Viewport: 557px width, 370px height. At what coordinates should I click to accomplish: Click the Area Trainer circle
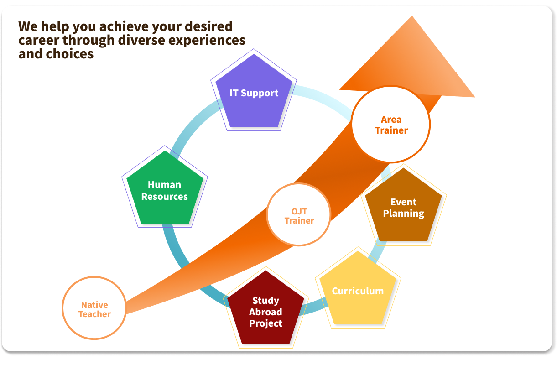click(391, 125)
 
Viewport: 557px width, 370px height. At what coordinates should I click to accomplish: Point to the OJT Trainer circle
click(299, 215)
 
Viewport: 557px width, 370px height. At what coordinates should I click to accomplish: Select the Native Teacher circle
click(94, 309)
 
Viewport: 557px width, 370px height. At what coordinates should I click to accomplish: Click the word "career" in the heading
click(38, 40)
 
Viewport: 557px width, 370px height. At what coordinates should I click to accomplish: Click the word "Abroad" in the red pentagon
click(265, 312)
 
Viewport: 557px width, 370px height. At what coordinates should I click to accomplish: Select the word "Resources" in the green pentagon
click(165, 197)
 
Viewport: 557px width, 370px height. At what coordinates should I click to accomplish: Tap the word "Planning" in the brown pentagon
click(404, 214)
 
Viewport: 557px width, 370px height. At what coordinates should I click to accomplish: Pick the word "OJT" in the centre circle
click(299, 211)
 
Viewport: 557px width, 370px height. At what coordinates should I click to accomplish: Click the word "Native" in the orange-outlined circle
click(94, 305)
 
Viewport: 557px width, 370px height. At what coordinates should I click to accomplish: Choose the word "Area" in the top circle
click(391, 120)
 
